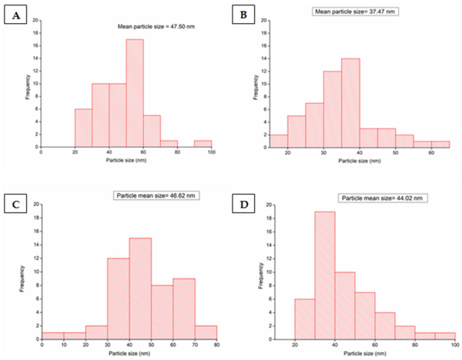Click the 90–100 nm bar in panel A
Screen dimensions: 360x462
pyautogui.click(x=203, y=143)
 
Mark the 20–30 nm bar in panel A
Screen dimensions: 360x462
pyautogui.click(x=83, y=127)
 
